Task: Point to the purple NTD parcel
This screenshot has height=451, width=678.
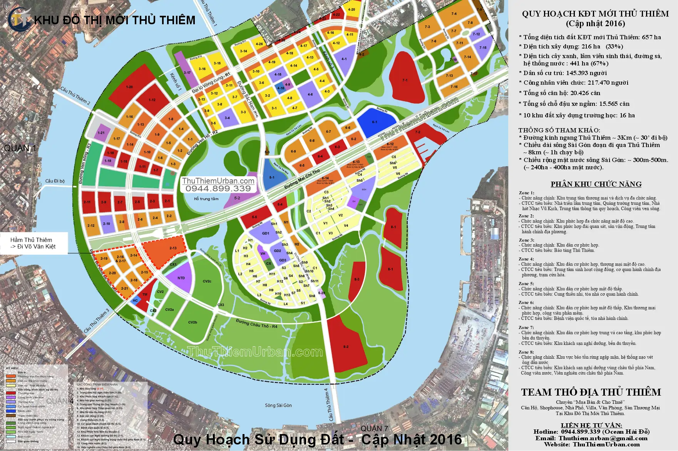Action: pos(181,278)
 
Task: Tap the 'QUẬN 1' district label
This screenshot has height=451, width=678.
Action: pos(20,148)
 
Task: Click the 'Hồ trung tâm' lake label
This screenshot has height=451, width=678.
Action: pos(206,199)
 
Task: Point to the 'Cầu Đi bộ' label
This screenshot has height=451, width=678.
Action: pos(55,181)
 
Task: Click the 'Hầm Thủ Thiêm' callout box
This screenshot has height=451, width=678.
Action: pos(34,243)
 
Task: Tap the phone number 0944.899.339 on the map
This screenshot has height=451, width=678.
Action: pos(218,189)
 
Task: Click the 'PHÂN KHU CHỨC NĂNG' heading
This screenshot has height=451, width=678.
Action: pos(596,184)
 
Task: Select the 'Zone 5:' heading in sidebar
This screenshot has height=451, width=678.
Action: pos(526,284)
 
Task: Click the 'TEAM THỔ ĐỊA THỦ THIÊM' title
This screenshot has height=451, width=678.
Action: pos(591,392)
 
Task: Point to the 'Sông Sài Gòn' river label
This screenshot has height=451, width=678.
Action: pos(278,405)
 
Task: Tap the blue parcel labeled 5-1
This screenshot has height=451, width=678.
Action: pos(272,175)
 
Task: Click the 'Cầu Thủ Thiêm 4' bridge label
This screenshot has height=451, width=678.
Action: pos(328,404)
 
